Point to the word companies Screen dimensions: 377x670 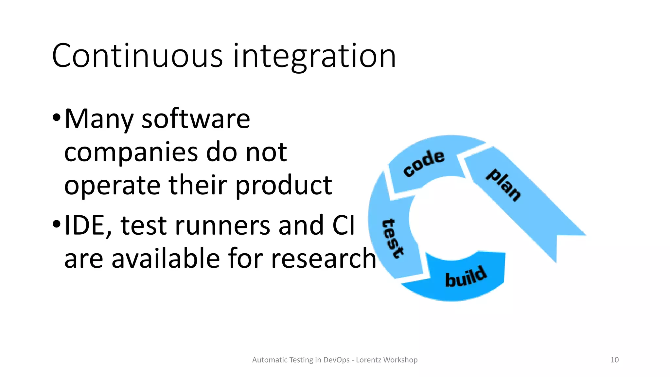(x=131, y=153)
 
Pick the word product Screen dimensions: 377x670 (x=284, y=186)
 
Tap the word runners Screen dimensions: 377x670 (x=222, y=226)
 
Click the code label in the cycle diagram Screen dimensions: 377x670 (x=424, y=163)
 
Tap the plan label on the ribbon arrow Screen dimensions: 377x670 (x=503, y=185)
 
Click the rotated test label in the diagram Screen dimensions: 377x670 (x=393, y=238)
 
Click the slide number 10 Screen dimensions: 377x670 (x=614, y=360)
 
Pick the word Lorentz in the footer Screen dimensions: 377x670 (x=368, y=360)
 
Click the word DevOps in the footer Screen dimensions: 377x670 (x=336, y=360)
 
